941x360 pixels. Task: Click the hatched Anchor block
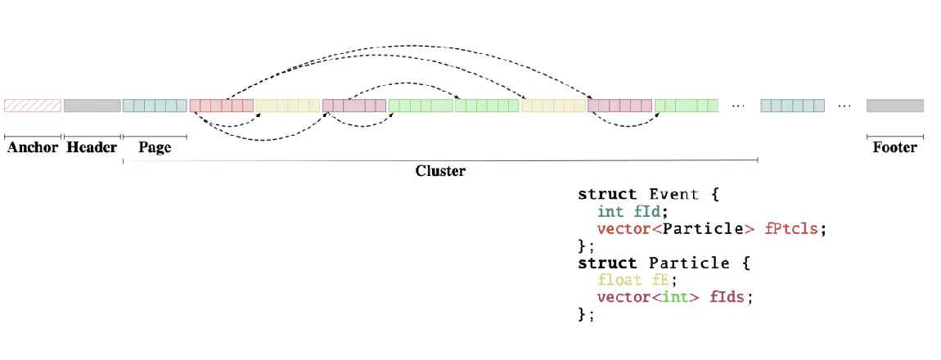click(x=33, y=106)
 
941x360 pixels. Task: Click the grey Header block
click(x=92, y=106)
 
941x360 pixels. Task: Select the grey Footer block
click(x=894, y=106)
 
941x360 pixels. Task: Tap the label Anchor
click(x=33, y=148)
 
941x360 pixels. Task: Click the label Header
click(x=92, y=148)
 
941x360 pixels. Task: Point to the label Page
click(x=155, y=148)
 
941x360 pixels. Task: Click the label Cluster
click(x=440, y=171)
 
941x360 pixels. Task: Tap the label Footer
click(x=894, y=148)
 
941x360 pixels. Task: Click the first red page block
click(x=222, y=106)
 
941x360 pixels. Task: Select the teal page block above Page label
click(x=155, y=106)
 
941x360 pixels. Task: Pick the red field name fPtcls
click(x=791, y=229)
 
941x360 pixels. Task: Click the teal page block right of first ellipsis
click(x=792, y=106)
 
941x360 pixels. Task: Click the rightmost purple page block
click(x=619, y=106)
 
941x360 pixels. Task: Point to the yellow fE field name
click(x=659, y=280)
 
